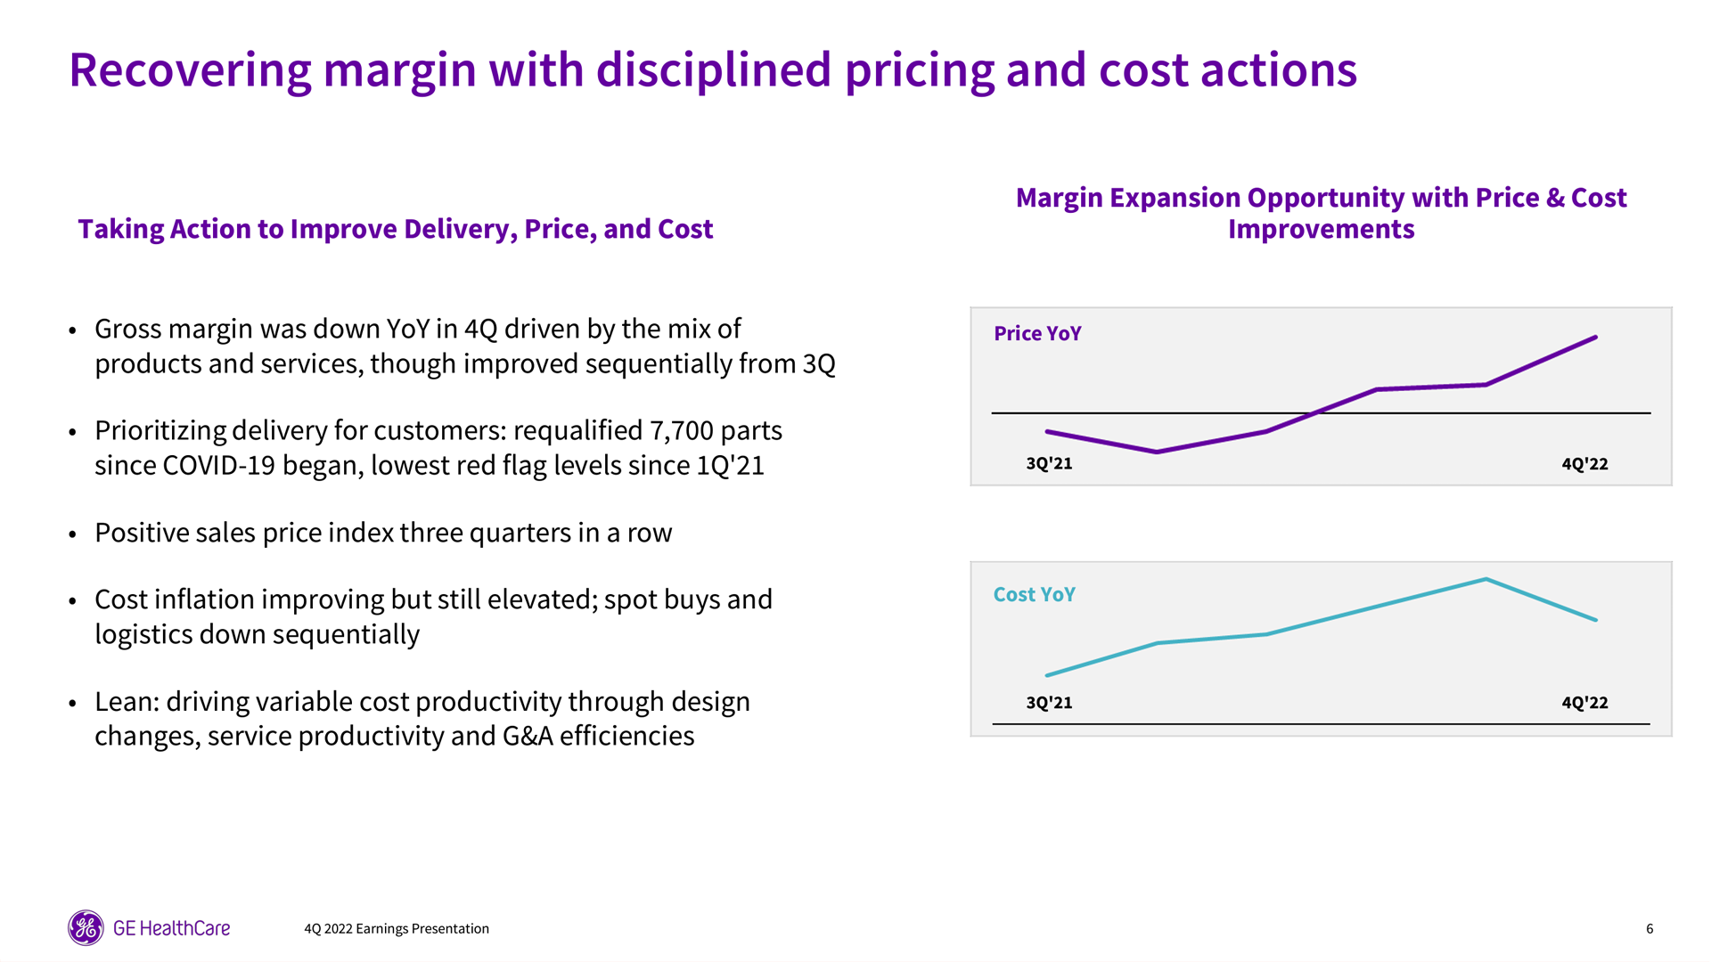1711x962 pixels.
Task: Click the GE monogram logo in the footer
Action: point(86,928)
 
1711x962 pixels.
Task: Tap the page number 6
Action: point(1650,928)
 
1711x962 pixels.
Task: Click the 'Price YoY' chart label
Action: point(1037,333)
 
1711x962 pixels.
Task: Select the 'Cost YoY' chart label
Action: point(1034,594)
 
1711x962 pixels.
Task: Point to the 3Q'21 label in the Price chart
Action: point(1049,463)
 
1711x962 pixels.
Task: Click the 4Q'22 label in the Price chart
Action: point(1584,463)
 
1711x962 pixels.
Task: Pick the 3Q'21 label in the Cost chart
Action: point(1049,702)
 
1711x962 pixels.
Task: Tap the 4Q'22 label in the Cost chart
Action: point(1584,702)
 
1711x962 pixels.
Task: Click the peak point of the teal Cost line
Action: point(1486,579)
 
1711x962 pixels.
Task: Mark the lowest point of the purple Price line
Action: point(1157,452)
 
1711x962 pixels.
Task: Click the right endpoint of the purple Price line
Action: point(1595,338)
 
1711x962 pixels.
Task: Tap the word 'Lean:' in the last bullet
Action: point(127,701)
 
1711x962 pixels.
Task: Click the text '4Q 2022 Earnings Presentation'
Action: point(396,928)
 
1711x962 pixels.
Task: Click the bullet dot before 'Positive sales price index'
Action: point(73,534)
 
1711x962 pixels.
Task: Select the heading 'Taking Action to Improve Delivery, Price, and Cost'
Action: point(395,229)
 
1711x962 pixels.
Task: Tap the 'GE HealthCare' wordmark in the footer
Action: point(171,928)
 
